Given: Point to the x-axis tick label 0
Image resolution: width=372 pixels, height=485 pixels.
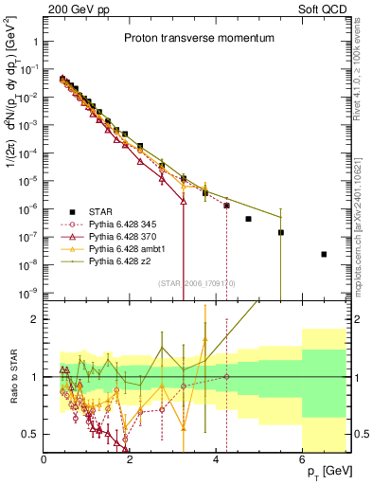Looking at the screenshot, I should pos(44,459).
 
